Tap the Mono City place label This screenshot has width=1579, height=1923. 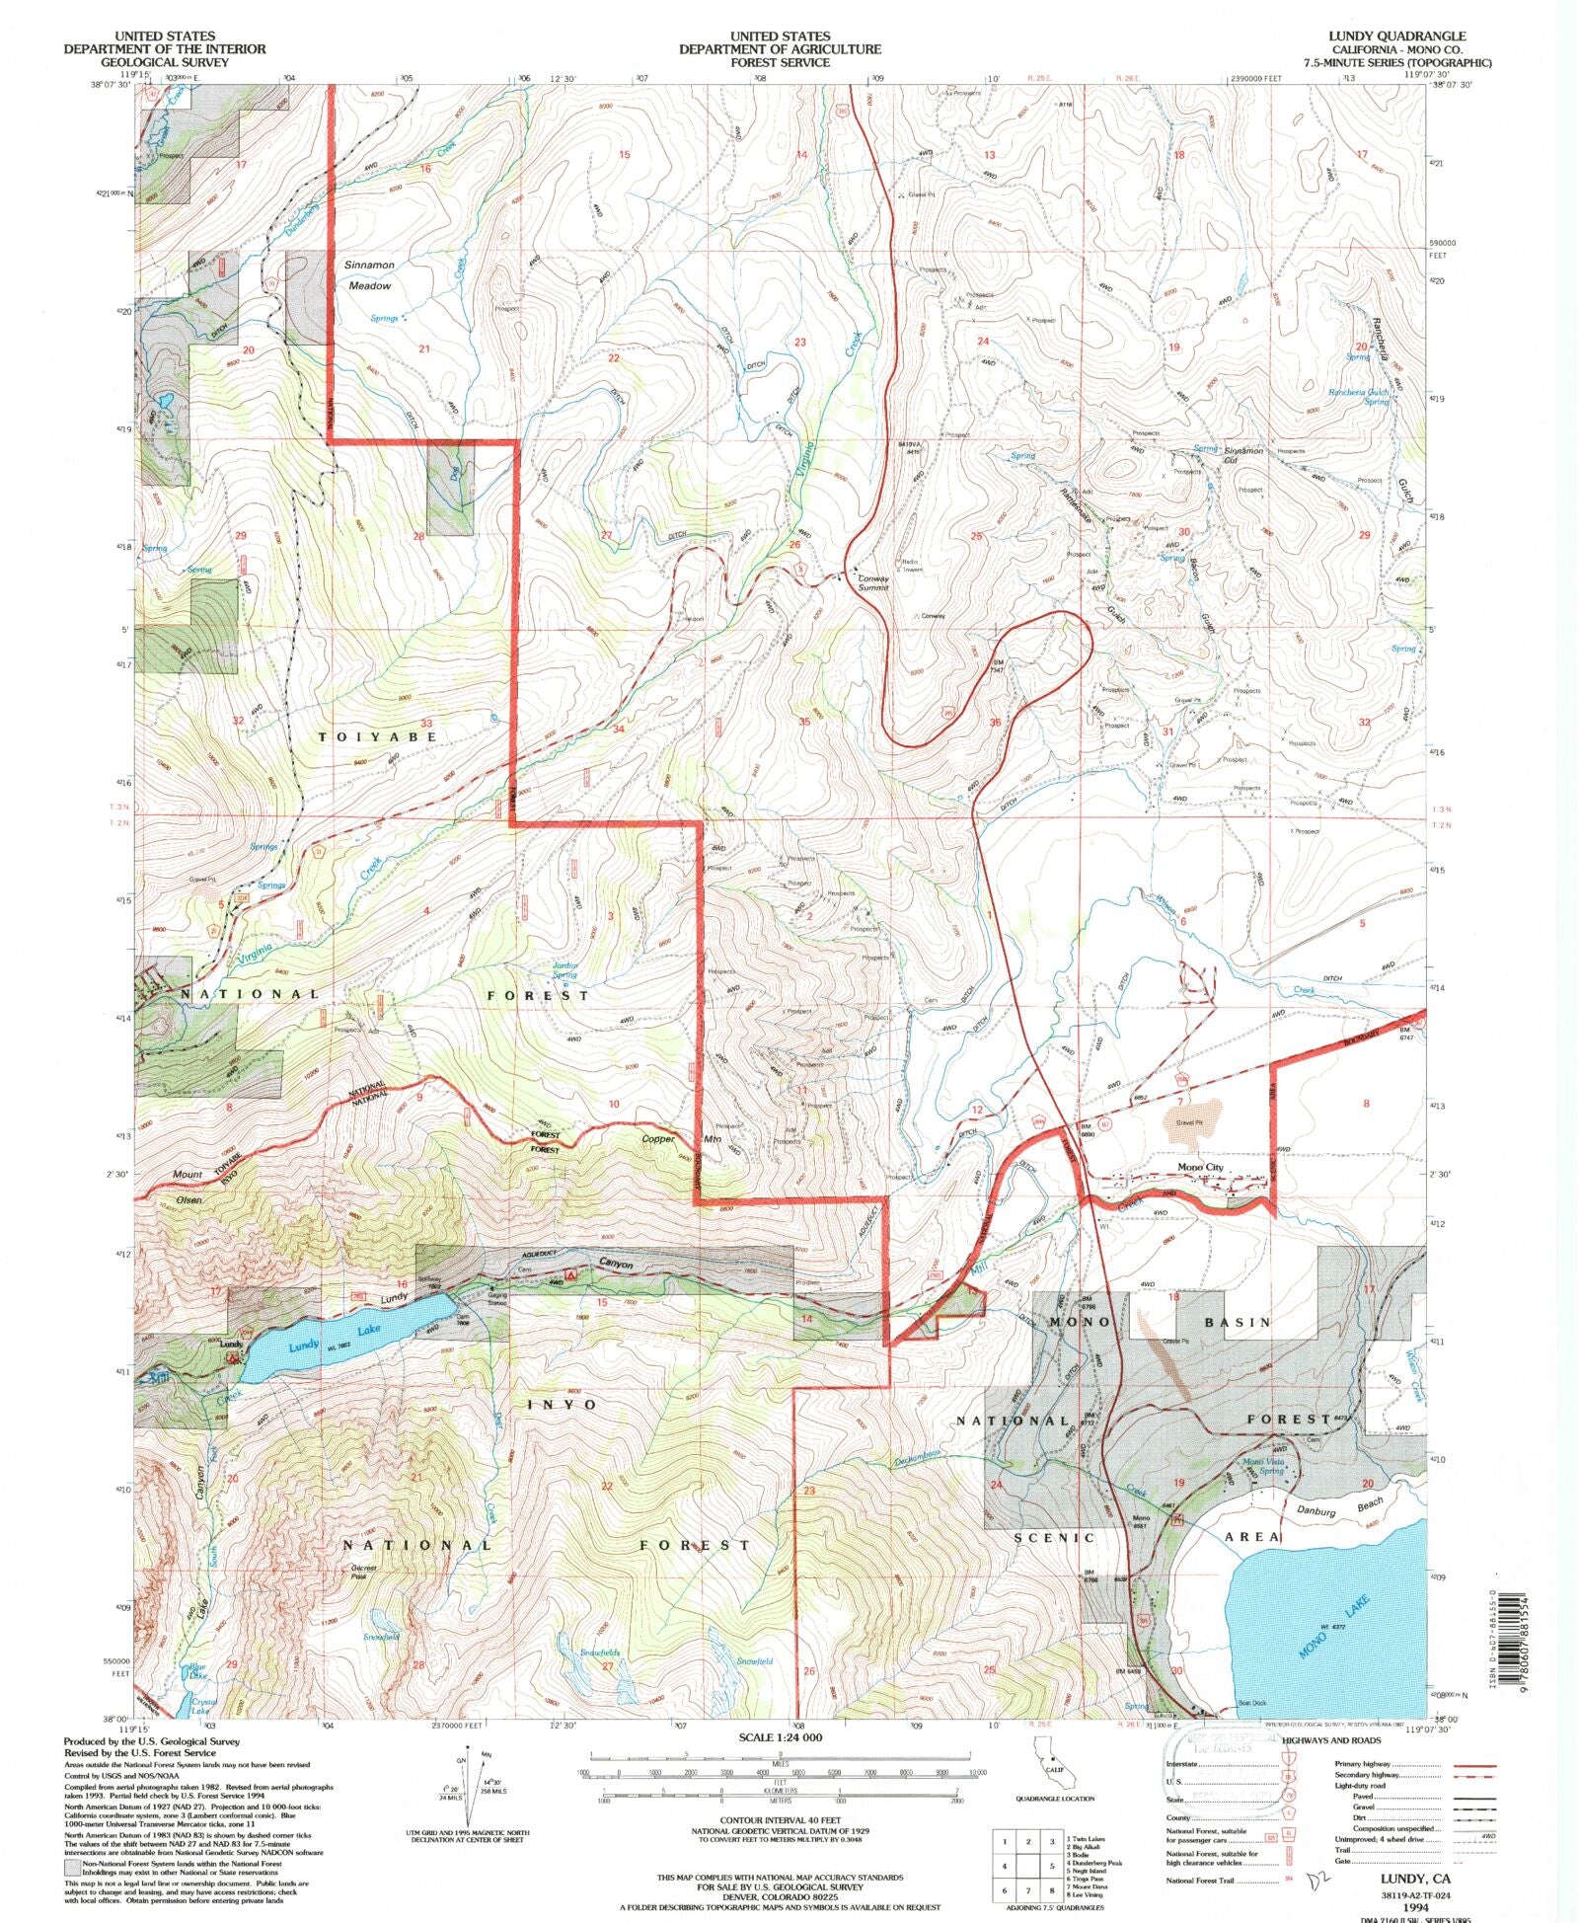tap(1200, 1167)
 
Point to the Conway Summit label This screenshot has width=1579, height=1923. tap(872, 582)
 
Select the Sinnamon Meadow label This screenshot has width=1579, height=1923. tap(369, 275)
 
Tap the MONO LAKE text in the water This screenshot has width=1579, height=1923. tap(1321, 1642)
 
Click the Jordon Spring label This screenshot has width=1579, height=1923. tap(564, 969)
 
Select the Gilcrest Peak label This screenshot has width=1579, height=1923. tap(363, 1572)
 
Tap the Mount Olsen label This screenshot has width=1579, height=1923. tap(188, 1187)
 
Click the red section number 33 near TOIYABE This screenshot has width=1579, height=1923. tap(426, 724)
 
